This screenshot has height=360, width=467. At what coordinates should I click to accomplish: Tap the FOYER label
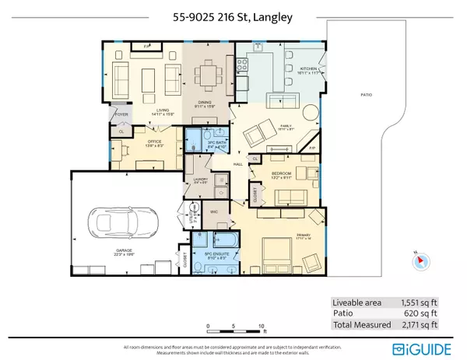122,114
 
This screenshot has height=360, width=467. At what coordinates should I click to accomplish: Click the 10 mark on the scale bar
262,325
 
